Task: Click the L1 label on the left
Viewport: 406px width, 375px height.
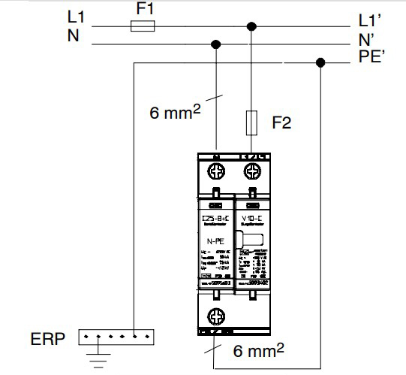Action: click(x=77, y=16)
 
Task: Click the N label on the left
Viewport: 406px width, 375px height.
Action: click(x=73, y=35)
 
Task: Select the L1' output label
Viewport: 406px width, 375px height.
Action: click(x=373, y=20)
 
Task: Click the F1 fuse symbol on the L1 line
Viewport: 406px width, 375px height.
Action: click(x=143, y=26)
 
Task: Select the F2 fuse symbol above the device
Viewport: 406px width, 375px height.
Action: click(x=253, y=122)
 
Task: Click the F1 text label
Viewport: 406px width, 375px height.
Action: click(x=144, y=10)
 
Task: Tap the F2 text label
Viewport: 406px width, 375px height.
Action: click(x=281, y=123)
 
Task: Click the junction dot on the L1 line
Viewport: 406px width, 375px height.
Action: click(x=253, y=26)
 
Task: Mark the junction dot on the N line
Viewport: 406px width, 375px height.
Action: click(x=217, y=45)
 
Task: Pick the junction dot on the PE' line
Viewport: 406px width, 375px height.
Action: click(x=320, y=62)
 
